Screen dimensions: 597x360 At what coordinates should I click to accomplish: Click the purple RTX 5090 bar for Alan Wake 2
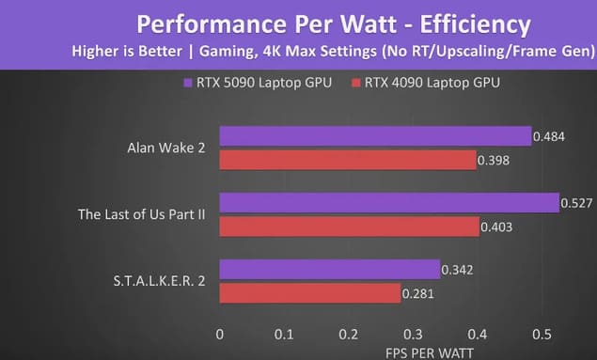(x=375, y=136)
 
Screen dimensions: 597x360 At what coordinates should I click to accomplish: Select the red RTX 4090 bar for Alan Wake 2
(x=348, y=160)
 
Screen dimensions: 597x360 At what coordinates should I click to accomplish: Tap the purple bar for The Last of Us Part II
(x=389, y=203)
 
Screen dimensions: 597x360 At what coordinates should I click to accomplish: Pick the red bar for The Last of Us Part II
(x=350, y=227)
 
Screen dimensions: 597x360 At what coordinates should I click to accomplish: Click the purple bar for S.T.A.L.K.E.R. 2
(x=330, y=270)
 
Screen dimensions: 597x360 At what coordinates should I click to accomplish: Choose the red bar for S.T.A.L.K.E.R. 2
(x=310, y=293)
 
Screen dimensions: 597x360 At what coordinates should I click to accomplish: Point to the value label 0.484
(x=549, y=136)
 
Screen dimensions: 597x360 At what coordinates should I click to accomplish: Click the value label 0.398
(x=494, y=160)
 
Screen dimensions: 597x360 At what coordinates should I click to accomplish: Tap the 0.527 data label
(x=576, y=203)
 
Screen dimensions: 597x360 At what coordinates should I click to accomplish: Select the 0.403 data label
(x=496, y=227)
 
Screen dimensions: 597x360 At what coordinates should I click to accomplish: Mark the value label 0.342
(x=457, y=270)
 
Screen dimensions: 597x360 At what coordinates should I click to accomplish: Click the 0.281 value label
(x=418, y=294)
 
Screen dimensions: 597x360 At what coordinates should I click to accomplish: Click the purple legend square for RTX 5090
(x=188, y=83)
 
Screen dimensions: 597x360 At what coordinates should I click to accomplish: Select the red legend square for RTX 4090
(x=356, y=83)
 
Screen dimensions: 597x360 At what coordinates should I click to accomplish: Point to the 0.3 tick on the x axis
(x=413, y=334)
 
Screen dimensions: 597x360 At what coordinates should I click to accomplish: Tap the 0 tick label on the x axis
(x=220, y=334)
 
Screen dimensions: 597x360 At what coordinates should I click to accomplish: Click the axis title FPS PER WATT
(x=430, y=353)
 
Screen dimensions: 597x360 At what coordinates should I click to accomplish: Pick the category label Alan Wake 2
(x=166, y=148)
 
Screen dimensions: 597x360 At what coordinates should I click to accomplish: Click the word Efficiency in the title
(x=475, y=24)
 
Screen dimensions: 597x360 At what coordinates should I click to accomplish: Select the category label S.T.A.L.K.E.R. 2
(x=159, y=281)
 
